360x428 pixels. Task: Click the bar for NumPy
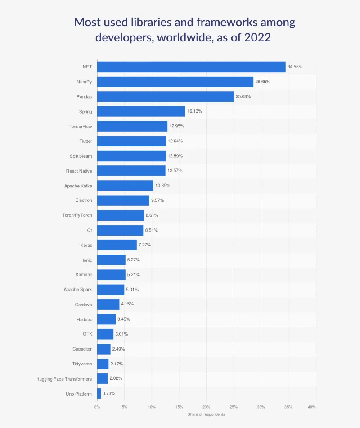[175, 82]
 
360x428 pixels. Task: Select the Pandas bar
[165, 96]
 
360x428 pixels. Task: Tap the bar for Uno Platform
[99, 393]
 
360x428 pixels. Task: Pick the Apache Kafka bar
[125, 186]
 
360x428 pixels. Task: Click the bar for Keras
[117, 245]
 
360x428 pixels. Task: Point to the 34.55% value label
[295, 67]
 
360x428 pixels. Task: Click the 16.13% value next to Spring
[194, 111]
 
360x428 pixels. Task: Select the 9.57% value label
[157, 200]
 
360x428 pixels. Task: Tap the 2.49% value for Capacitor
[119, 349]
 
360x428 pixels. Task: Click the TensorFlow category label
[80, 127]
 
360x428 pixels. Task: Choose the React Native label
[79, 171]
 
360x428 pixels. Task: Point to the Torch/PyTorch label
[77, 215]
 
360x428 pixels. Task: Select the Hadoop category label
[84, 319]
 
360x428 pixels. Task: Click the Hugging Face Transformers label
[65, 379]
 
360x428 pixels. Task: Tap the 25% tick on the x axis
[234, 407]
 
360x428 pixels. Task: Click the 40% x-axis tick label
[311, 407]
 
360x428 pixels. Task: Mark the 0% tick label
[97, 407]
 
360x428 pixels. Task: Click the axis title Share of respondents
[206, 414]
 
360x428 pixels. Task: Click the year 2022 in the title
[258, 37]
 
